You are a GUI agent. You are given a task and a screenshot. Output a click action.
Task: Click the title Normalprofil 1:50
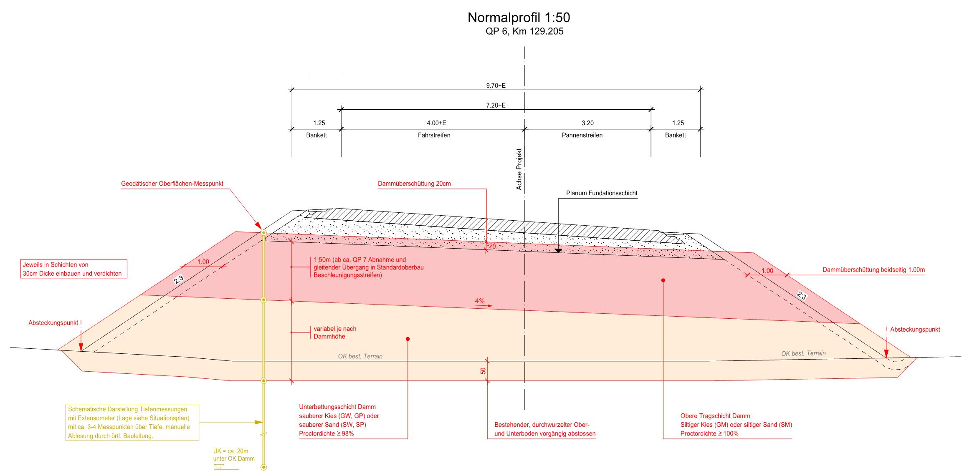pyautogui.click(x=519, y=18)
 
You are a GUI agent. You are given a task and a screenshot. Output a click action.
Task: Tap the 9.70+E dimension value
pyautogui.click(x=496, y=86)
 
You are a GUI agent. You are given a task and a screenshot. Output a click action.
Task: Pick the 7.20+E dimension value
pyautogui.click(x=496, y=106)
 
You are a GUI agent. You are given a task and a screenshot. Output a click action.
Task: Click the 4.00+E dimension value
pyautogui.click(x=436, y=123)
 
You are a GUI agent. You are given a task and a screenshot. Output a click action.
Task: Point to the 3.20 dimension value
pyautogui.click(x=587, y=123)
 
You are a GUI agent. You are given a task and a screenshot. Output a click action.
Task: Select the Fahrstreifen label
pyautogui.click(x=434, y=135)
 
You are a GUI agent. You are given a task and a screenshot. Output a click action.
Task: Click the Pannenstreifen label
pyautogui.click(x=582, y=135)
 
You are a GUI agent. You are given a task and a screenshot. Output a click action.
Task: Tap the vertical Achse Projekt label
pyautogui.click(x=519, y=169)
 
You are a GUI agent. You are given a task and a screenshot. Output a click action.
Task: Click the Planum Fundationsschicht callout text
pyautogui.click(x=602, y=193)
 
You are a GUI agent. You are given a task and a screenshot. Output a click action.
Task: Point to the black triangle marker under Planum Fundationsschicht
pyautogui.click(x=558, y=251)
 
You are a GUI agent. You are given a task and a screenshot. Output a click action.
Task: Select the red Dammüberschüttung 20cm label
pyautogui.click(x=414, y=184)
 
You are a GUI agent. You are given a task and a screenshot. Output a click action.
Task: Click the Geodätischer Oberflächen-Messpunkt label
pyautogui.click(x=172, y=184)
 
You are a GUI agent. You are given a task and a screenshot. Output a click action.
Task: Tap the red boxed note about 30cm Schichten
pyautogui.click(x=73, y=269)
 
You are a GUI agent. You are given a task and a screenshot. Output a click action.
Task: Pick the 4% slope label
pyautogui.click(x=480, y=301)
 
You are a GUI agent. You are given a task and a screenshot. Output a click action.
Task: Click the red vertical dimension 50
pyautogui.click(x=483, y=370)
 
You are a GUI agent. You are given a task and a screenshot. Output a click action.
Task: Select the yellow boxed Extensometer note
pyautogui.click(x=132, y=422)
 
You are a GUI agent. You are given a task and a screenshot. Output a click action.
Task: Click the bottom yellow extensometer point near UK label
pyautogui.click(x=263, y=467)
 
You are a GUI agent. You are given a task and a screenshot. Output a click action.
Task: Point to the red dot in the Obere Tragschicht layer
pyautogui.click(x=663, y=280)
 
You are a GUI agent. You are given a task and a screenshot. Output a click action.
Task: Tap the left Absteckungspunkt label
pyautogui.click(x=53, y=323)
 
